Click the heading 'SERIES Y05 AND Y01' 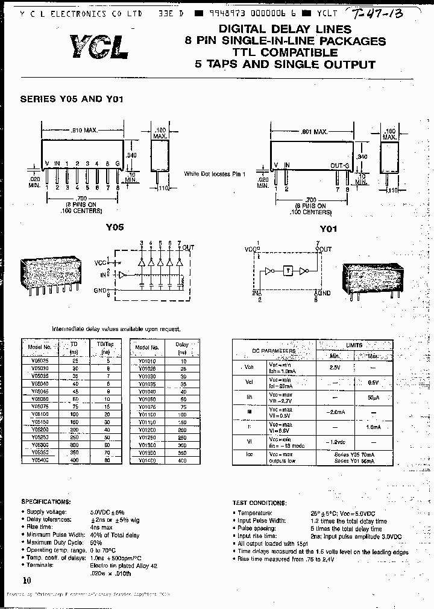(x=72, y=99)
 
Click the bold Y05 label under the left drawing (x=115, y=227)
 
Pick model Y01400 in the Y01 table (x=146, y=459)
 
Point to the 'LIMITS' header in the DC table (x=354, y=345)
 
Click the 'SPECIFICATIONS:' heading (x=46, y=501)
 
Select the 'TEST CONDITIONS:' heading (x=259, y=503)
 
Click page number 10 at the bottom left (x=26, y=580)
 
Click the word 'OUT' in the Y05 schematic (x=189, y=247)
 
